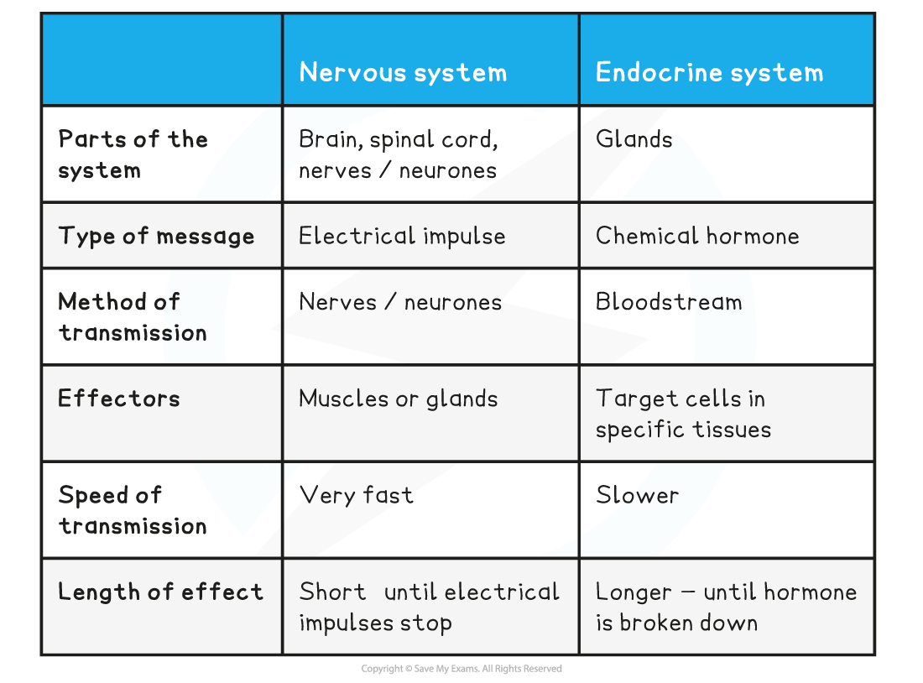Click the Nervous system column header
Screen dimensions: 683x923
point(403,72)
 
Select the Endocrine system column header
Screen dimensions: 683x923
point(709,72)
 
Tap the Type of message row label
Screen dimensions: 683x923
point(156,236)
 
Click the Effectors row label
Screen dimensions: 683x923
point(119,398)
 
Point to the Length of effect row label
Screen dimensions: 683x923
point(160,592)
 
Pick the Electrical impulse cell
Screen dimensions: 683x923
point(402,236)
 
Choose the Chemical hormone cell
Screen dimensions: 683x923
point(697,236)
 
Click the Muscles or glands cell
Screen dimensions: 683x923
point(398,398)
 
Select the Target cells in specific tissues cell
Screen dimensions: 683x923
point(683,414)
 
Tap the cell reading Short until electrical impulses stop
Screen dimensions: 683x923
point(429,607)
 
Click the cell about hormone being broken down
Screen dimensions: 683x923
point(726,607)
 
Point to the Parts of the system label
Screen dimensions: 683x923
point(133,154)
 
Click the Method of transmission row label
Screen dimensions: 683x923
point(133,316)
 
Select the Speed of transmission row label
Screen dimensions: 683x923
point(133,510)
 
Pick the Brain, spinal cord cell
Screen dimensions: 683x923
point(398,154)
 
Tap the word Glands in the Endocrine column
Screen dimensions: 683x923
point(634,139)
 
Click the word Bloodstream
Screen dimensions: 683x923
point(669,302)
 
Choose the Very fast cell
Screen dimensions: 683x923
point(356,495)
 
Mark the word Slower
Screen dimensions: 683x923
point(637,495)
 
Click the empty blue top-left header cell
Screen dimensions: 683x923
point(162,59)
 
